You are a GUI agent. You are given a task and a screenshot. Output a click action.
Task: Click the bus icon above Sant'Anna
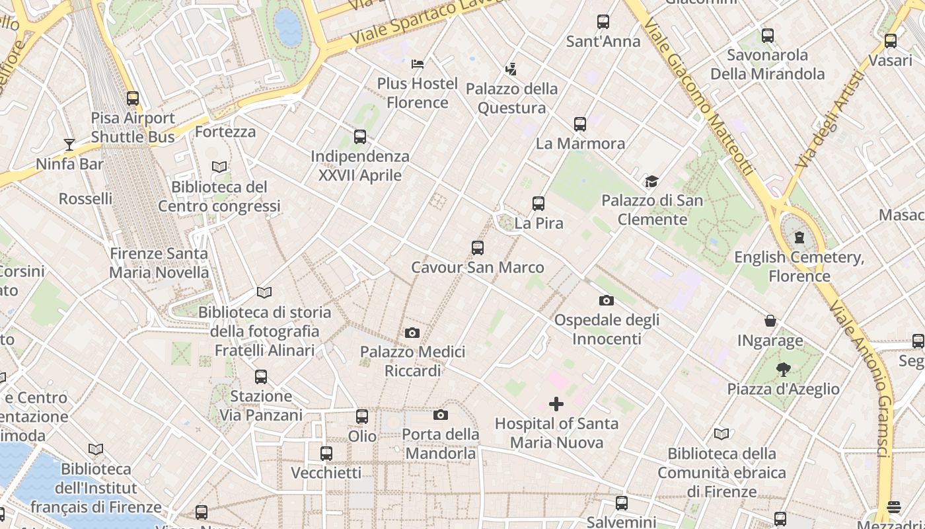coord(603,22)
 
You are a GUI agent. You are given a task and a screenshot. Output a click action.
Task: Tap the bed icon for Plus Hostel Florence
coord(418,64)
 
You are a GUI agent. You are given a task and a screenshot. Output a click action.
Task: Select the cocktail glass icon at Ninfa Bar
coord(69,144)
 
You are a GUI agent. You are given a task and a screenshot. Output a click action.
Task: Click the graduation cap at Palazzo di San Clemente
coord(652,181)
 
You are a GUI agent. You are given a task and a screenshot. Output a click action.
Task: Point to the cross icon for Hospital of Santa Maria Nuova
coord(556,403)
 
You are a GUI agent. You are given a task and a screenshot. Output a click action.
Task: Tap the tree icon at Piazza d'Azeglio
coord(784,370)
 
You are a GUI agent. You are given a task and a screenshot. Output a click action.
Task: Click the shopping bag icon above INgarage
coord(770,321)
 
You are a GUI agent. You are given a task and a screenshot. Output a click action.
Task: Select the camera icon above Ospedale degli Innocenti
coord(607,301)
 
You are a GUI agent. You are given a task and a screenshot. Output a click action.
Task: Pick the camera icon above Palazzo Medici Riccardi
coord(412,333)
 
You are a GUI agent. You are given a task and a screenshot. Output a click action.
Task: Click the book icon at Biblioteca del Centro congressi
coord(219,167)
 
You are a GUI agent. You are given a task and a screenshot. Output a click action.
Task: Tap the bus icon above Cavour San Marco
coord(478,248)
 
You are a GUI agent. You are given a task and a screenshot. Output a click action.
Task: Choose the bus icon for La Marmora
coord(580,124)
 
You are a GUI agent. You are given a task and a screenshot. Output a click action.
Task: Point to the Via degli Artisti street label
coord(831,119)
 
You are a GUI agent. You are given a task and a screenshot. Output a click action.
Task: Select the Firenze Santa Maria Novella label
coord(159,263)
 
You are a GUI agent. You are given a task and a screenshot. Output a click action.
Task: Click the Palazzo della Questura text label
coord(512,98)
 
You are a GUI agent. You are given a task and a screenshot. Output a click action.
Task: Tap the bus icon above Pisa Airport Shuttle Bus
coord(133,99)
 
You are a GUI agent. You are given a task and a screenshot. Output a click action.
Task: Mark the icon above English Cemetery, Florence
coord(799,237)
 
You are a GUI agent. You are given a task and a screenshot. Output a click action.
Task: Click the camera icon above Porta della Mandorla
coord(441,415)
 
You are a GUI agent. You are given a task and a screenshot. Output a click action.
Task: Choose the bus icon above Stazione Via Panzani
coord(261,377)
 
